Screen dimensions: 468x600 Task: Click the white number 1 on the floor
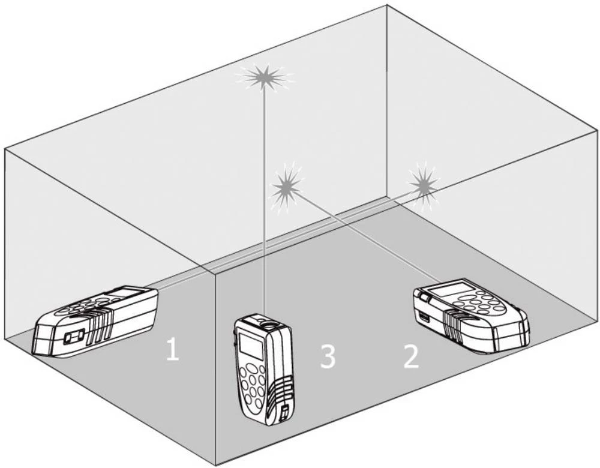coord(172,350)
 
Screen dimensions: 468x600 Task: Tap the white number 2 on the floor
coord(411,356)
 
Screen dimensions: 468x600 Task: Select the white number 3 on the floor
coord(327,356)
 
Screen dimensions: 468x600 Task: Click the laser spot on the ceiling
coord(264,76)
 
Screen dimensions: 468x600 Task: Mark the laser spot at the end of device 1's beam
coord(424,187)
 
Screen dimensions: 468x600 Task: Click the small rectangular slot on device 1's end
coord(74,338)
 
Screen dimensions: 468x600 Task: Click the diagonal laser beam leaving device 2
coord(366,237)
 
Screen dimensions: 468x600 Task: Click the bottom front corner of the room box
coord(216,463)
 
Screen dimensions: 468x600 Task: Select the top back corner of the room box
coord(387,5)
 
